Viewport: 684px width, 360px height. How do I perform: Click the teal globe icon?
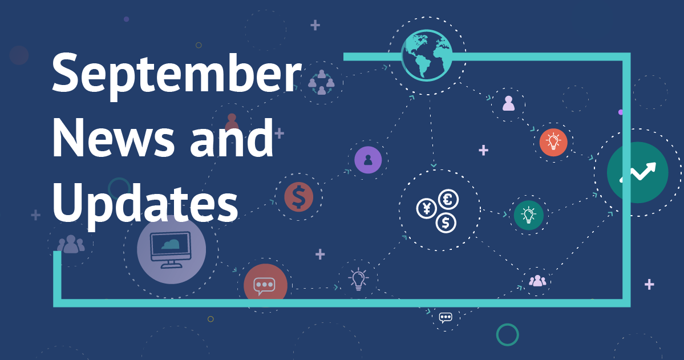pyautogui.click(x=427, y=55)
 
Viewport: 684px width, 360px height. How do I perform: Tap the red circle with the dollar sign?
pyautogui.click(x=299, y=197)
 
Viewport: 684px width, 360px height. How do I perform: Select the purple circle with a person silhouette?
pyautogui.click(x=368, y=160)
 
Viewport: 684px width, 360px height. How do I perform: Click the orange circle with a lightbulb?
pyautogui.click(x=553, y=142)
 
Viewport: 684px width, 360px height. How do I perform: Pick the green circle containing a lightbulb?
pyautogui.click(x=529, y=215)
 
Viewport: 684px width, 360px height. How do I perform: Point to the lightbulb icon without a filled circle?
pyautogui.click(x=358, y=280)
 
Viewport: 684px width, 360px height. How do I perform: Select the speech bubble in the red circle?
pyautogui.click(x=265, y=286)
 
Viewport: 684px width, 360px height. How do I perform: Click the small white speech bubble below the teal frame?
pyautogui.click(x=446, y=317)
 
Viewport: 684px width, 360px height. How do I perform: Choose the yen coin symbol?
pyautogui.click(x=427, y=208)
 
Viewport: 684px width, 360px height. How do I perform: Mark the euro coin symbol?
pyautogui.click(x=448, y=200)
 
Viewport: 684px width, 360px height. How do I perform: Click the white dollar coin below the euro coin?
pyautogui.click(x=446, y=223)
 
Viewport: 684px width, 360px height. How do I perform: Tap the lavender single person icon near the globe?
pyautogui.click(x=509, y=103)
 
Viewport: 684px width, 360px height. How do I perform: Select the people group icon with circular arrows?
pyautogui.click(x=322, y=82)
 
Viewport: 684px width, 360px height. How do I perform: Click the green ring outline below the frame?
pyautogui.click(x=507, y=335)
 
